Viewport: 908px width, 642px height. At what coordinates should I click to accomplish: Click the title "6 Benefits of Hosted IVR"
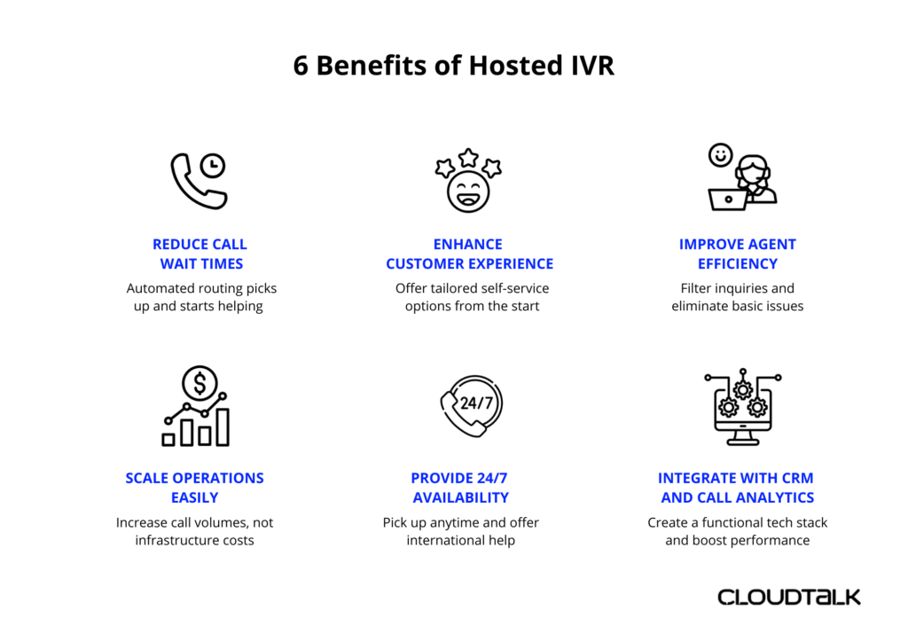click(453, 66)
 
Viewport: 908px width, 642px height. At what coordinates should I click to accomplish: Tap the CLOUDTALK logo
click(788, 597)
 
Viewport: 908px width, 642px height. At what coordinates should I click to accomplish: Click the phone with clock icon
click(199, 181)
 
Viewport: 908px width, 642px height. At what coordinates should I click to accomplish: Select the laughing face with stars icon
click(468, 181)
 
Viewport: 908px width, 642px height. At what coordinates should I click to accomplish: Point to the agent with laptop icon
click(741, 177)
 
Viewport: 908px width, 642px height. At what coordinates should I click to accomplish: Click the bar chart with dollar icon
click(196, 406)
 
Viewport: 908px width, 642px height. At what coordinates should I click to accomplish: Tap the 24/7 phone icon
click(472, 404)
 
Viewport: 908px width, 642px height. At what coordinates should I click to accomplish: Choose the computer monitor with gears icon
click(742, 407)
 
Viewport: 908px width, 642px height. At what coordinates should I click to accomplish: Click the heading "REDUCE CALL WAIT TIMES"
click(200, 254)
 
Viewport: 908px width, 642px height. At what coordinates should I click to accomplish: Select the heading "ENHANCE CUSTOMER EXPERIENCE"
click(469, 254)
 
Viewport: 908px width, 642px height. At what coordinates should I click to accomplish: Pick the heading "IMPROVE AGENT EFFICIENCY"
click(738, 254)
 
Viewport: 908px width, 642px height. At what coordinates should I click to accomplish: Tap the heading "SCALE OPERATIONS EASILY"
click(195, 488)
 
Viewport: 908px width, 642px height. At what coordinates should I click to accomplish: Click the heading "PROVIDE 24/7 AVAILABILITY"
click(461, 488)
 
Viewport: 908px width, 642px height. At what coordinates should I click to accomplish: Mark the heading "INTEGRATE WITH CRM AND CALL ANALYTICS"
click(738, 488)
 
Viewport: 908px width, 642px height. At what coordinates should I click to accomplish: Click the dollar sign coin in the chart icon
click(200, 383)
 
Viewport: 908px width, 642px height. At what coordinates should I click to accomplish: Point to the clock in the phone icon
click(212, 166)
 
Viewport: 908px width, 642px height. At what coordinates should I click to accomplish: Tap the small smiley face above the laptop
click(720, 155)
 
